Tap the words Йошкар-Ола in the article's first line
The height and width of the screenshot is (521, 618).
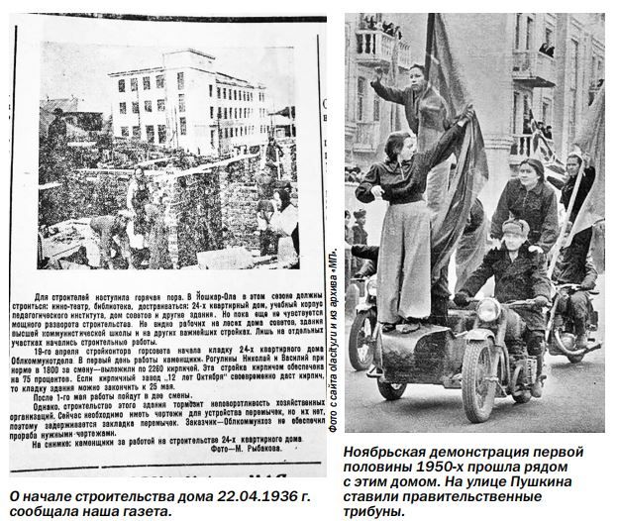[x=226, y=296]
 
